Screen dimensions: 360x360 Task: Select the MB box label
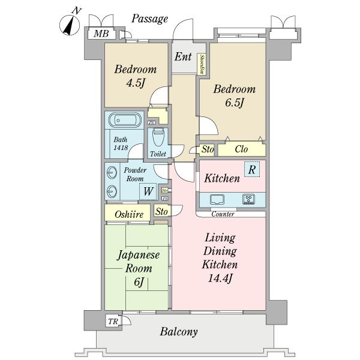tap(101, 34)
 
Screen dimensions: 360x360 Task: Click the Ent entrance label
tap(183, 58)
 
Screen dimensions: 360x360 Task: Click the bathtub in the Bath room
tap(124, 120)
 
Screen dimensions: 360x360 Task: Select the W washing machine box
tap(148, 192)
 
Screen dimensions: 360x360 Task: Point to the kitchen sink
tap(217, 199)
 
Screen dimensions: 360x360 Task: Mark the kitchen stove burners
tap(249, 199)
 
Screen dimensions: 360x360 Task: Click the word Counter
tap(222, 214)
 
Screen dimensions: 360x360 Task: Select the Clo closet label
tap(241, 149)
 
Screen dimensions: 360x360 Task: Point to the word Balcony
tap(179, 332)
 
